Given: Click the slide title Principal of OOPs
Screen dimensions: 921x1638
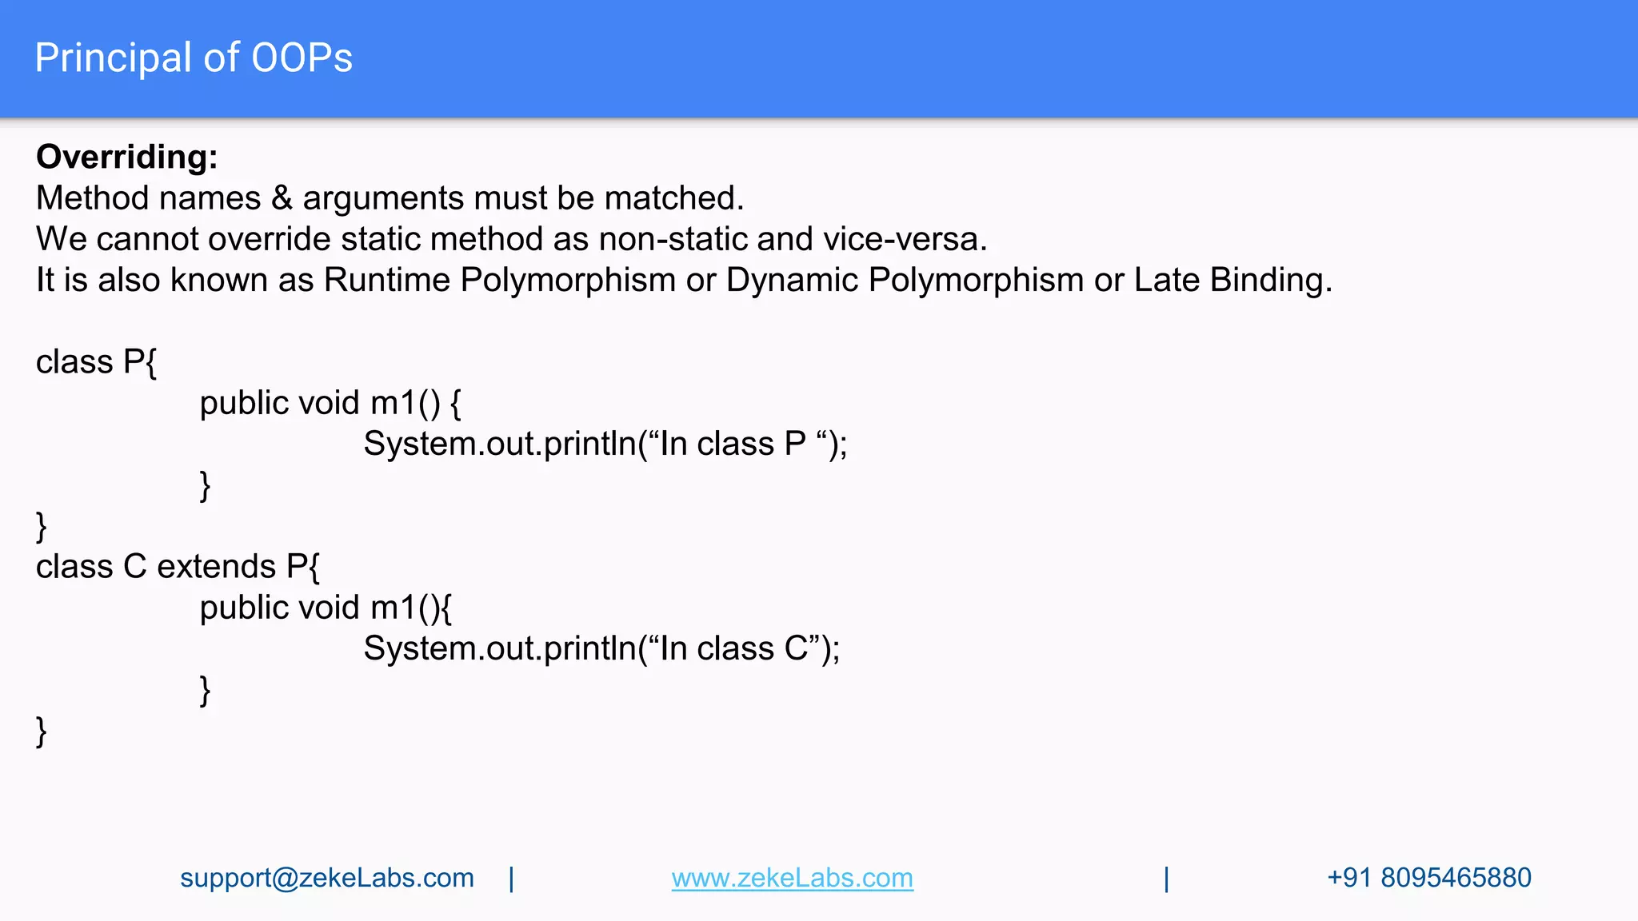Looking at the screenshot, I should pyautogui.click(x=194, y=58).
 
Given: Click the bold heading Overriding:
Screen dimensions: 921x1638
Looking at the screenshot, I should pyautogui.click(x=126, y=157).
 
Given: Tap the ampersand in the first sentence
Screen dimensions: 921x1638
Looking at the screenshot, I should pyautogui.click(x=282, y=198).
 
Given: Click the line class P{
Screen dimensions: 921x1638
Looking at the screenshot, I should pyautogui.click(x=96, y=362).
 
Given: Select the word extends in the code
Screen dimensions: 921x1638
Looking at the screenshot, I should pyautogui.click(x=216, y=567).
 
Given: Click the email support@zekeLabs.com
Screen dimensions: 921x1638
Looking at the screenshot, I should pyautogui.click(x=326, y=878).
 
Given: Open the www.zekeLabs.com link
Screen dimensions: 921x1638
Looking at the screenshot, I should pyautogui.click(x=792, y=878).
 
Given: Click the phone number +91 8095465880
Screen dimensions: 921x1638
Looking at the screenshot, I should pyautogui.click(x=1428, y=878).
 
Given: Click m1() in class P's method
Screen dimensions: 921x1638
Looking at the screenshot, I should pyautogui.click(x=405, y=403).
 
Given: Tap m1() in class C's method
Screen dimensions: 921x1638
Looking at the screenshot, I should pyautogui.click(x=405, y=608).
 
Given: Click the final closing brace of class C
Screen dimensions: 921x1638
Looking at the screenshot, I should pyautogui.click(x=42, y=732).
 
